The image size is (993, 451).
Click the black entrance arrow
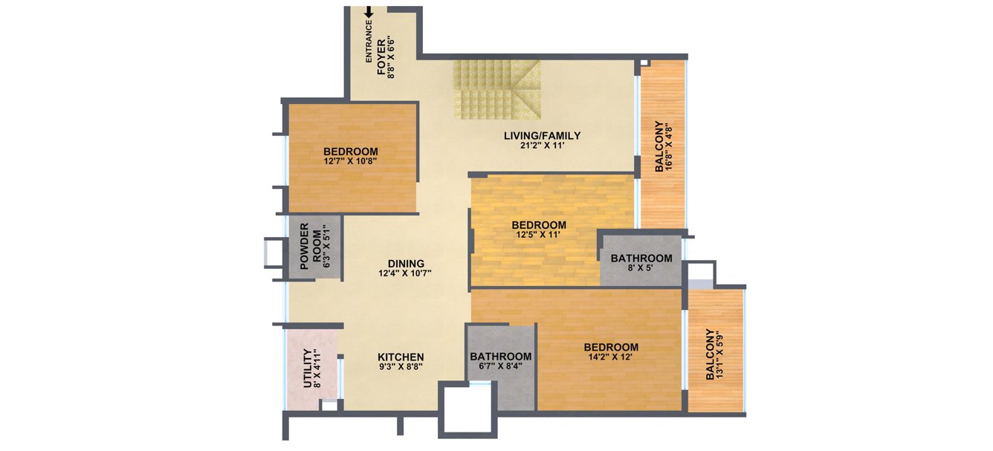(369, 12)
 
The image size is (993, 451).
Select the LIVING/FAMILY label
(542, 135)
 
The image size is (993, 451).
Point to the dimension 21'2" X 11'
(542, 146)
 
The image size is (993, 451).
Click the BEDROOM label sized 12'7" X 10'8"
(351, 151)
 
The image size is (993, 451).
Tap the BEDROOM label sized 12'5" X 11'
(539, 224)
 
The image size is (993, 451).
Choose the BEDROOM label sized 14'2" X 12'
(611, 347)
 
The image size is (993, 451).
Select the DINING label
(406, 263)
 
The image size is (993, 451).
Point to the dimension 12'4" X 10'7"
(406, 273)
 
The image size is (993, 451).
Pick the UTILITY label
(306, 369)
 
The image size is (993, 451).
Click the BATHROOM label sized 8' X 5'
(641, 258)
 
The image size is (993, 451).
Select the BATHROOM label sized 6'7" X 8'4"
(501, 356)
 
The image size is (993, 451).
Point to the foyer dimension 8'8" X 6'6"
(392, 57)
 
